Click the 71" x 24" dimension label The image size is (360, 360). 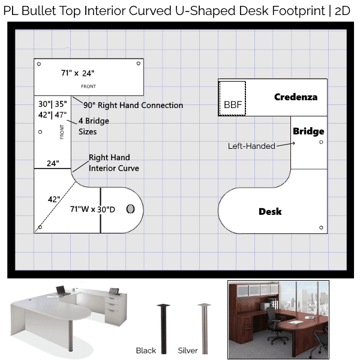pyautogui.click(x=77, y=73)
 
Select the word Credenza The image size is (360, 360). pyautogui.click(x=296, y=97)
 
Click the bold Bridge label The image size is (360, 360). pyautogui.click(x=308, y=131)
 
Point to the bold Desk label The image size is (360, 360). pyautogui.click(x=270, y=211)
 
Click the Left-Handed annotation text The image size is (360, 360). pyautogui.click(x=251, y=146)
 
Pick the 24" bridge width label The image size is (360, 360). pyautogui.click(x=53, y=163)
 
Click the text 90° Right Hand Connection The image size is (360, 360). pyautogui.click(x=133, y=106)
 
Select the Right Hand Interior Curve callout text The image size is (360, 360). pyautogui.click(x=113, y=163)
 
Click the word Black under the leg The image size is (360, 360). pyautogui.click(x=146, y=350)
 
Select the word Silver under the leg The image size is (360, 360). pyautogui.click(x=188, y=350)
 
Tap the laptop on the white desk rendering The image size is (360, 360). pyautogui.click(x=61, y=290)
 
